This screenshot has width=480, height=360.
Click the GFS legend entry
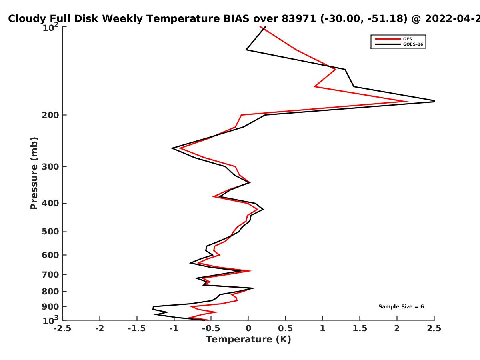click(x=394, y=39)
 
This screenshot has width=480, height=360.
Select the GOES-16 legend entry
click(x=399, y=44)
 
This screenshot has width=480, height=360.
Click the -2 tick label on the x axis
click(x=100, y=328)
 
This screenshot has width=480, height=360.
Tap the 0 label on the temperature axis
click(x=248, y=328)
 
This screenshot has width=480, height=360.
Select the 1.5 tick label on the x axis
click(x=360, y=328)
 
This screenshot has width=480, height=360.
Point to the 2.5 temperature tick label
click(x=434, y=328)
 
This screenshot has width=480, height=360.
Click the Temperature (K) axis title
click(x=248, y=340)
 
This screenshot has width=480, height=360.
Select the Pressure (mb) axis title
click(x=34, y=173)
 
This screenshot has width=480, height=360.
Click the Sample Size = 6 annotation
click(x=401, y=307)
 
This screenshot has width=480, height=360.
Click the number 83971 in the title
click(x=299, y=19)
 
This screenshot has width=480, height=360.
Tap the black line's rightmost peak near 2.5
click(x=434, y=101)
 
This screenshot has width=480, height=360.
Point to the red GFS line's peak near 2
click(x=407, y=102)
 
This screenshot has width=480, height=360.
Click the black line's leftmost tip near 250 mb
click(x=172, y=148)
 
